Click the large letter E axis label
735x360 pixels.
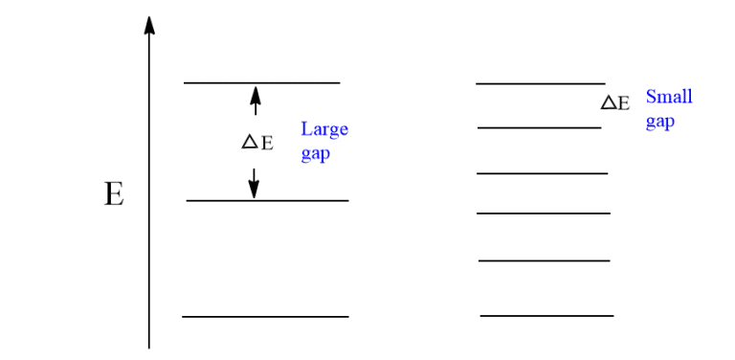point(114,196)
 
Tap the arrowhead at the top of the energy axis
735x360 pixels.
point(149,24)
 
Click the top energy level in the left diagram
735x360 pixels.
point(261,83)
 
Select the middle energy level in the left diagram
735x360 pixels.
point(267,201)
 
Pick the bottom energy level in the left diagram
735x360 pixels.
point(265,316)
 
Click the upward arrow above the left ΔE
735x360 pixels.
point(255,100)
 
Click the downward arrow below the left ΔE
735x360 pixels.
point(254,183)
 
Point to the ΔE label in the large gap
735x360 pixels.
point(257,143)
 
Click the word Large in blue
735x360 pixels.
point(324,129)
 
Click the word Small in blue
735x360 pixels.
point(669,97)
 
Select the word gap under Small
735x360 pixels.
point(659,122)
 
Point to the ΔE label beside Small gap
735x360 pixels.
point(615,103)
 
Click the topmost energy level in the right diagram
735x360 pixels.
point(541,84)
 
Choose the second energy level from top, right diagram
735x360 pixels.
point(539,127)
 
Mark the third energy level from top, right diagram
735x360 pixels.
point(542,173)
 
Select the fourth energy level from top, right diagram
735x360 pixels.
point(543,213)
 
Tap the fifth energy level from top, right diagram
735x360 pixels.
point(544,259)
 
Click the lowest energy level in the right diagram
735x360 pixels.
point(546,315)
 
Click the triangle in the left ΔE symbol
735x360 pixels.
point(249,142)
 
